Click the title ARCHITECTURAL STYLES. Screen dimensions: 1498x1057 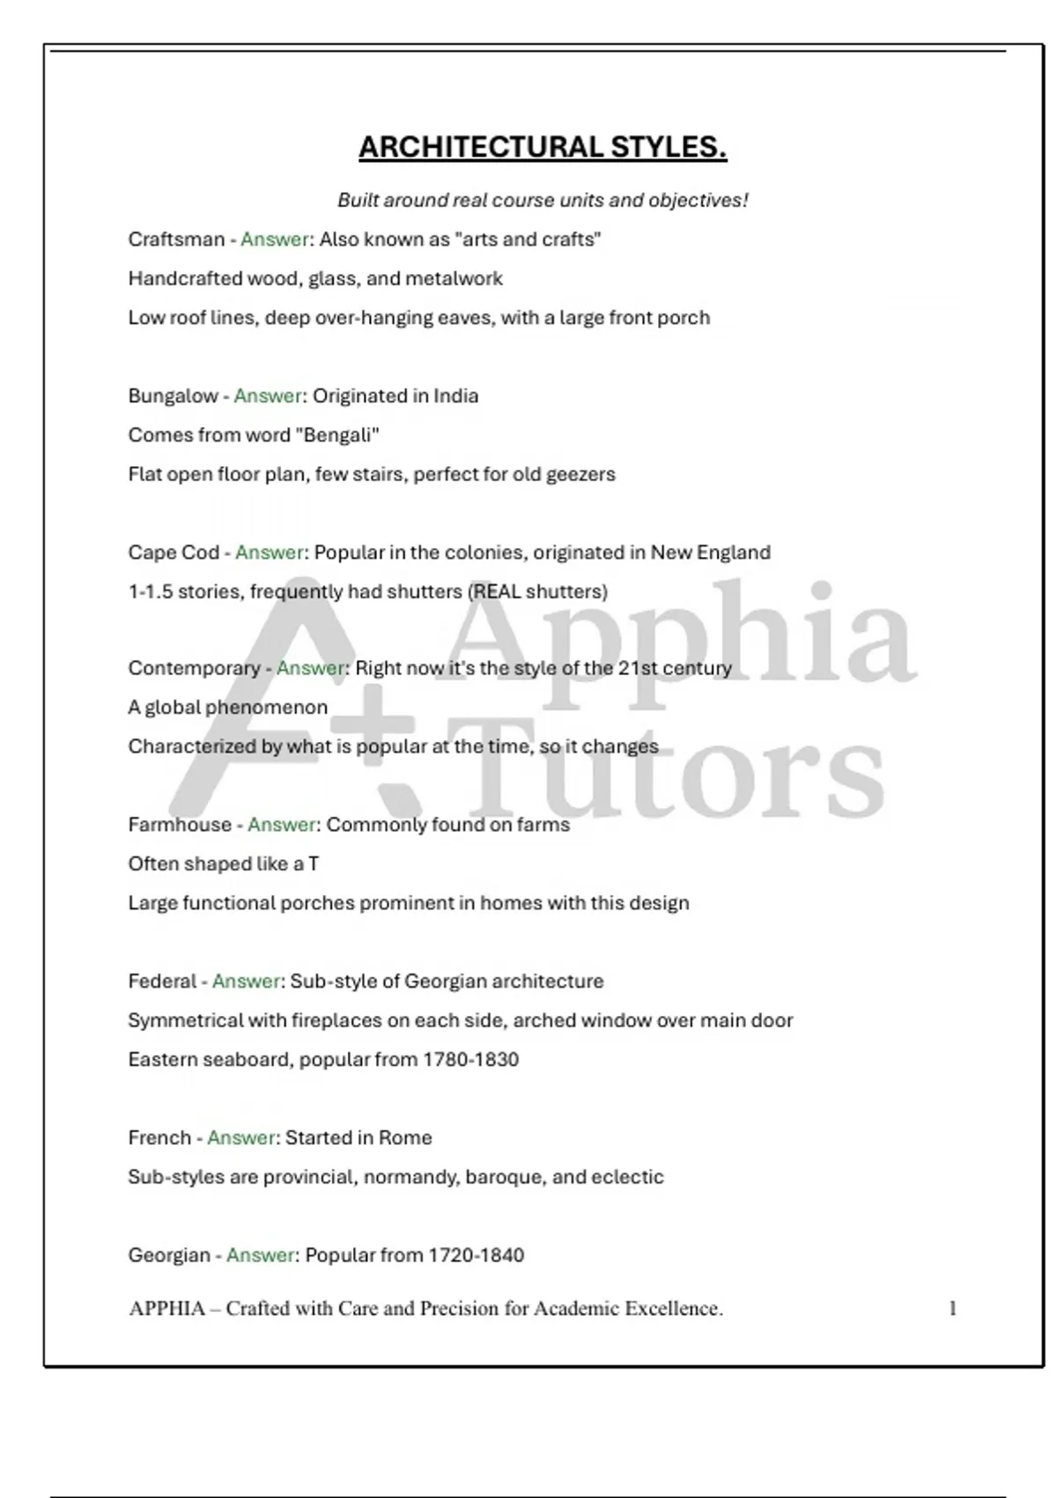543,147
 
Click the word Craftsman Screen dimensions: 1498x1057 176,240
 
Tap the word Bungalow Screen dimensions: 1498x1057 173,396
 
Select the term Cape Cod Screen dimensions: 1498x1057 174,552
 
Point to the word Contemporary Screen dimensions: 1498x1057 194,668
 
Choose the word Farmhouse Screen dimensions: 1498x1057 179,825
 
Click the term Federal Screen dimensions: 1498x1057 162,981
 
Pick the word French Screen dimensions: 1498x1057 159,1138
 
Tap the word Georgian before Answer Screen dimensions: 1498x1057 169,1255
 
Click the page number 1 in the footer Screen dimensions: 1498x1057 952,1309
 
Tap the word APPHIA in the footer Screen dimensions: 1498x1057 166,1309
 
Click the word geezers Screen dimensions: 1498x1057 580,474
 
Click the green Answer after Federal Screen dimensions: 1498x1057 247,981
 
